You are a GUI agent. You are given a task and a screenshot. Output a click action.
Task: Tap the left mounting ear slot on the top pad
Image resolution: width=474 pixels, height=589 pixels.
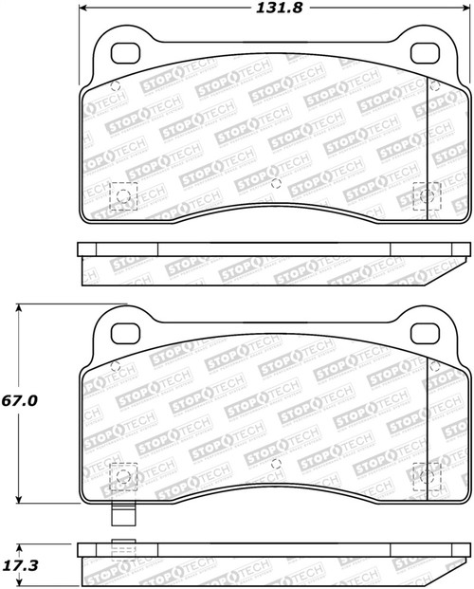(x=121, y=53)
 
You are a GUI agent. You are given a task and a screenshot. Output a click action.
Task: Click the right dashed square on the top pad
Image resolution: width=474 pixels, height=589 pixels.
(x=429, y=196)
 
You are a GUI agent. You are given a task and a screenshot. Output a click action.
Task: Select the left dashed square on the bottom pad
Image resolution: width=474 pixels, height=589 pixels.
(x=123, y=475)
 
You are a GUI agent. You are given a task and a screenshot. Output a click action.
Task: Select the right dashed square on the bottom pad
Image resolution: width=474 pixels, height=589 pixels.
(x=429, y=475)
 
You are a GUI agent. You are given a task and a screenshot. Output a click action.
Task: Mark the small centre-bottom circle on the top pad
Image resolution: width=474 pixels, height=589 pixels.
(x=275, y=183)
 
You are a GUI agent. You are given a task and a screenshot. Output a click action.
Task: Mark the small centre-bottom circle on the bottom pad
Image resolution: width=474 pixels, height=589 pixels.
(x=275, y=463)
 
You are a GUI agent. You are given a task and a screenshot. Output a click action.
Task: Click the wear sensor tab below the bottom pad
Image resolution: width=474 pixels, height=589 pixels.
(x=121, y=518)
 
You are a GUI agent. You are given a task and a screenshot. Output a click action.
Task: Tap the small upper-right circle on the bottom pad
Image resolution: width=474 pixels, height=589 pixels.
(x=435, y=363)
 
